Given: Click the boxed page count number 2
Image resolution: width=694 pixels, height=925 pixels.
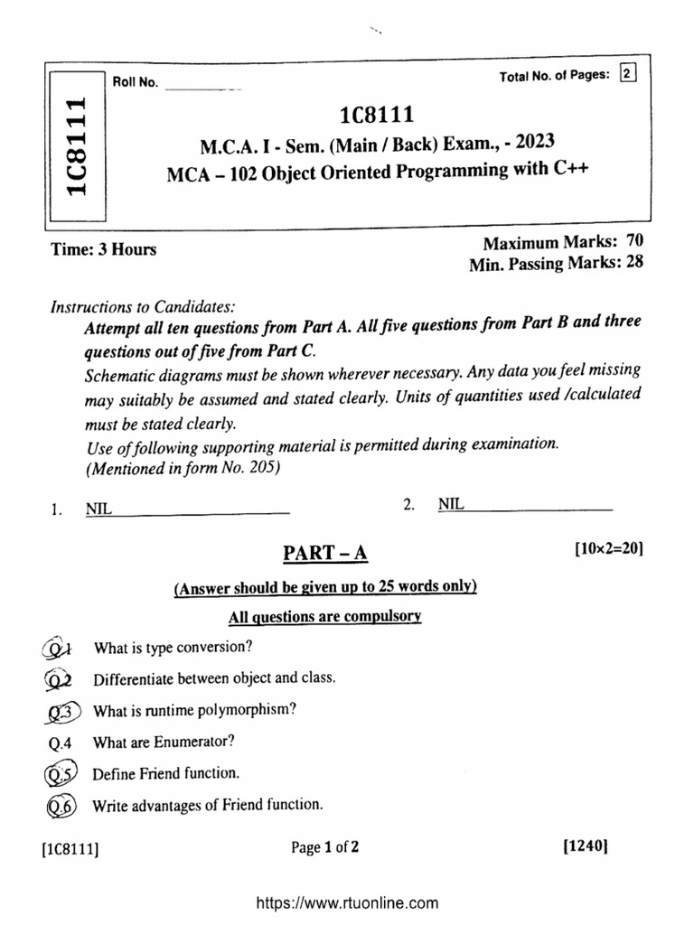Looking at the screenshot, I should point(627,75).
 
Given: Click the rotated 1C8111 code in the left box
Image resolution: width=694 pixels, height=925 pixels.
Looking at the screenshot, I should point(75,145).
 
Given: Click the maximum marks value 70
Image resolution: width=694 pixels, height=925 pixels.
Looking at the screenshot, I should point(636,243).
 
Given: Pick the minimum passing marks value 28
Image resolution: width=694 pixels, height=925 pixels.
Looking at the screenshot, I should point(636,264).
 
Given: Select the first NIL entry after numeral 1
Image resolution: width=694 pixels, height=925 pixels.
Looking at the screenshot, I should point(98,509).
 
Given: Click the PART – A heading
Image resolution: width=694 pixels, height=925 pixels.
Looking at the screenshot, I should point(326,553).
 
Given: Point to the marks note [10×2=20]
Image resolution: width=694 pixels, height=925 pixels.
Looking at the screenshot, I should point(607,548).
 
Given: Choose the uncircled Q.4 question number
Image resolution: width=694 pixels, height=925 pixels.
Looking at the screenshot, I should point(63,742).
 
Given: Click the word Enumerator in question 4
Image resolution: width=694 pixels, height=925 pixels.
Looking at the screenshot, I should point(195,742).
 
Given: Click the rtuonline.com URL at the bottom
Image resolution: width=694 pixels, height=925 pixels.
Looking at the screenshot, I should point(348,902).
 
